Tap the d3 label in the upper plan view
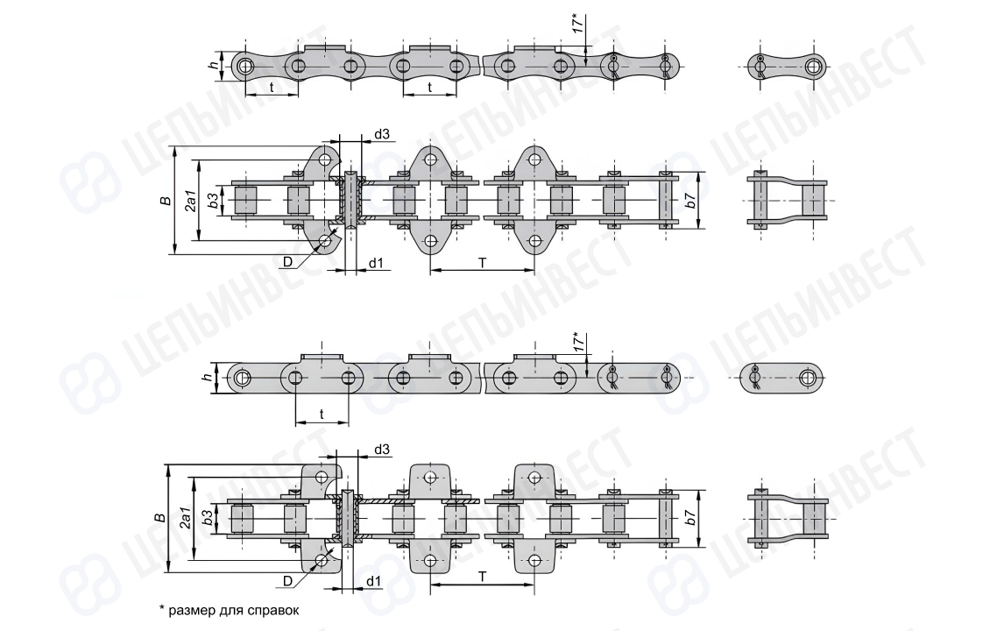382,134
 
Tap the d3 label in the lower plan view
382,450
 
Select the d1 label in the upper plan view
376,262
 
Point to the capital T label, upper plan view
483,262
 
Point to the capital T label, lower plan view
483,577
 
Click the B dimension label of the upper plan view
166,201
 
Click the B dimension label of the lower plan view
160,517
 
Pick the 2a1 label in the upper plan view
191,200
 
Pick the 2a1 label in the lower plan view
186,517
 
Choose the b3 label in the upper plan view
214,201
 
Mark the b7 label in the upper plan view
690,200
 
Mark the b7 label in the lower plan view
690,517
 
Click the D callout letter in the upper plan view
288,262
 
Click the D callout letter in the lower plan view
288,580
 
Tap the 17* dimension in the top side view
577,22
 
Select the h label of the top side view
215,65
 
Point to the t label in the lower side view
322,415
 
